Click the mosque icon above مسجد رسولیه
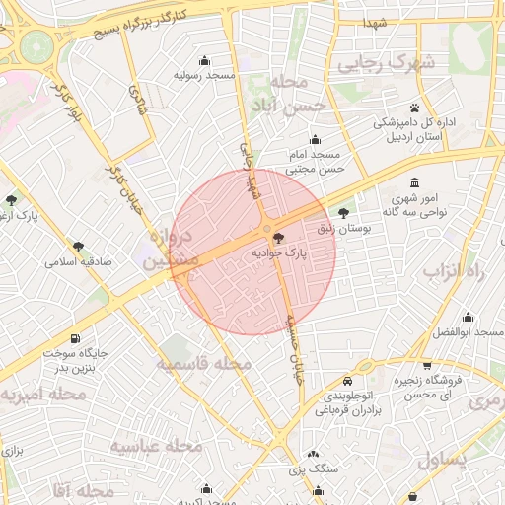[204, 60]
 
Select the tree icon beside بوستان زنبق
[343, 212]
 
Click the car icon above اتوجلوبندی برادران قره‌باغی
[347, 381]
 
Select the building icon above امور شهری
[413, 183]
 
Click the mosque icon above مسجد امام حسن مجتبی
[315, 140]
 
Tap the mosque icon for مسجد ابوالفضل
[468, 317]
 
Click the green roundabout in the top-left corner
[36, 44]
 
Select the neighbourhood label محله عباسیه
[148, 446]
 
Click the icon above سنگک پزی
[313, 454]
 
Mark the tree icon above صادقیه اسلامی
[78, 247]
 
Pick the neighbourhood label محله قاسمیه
[204, 363]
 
